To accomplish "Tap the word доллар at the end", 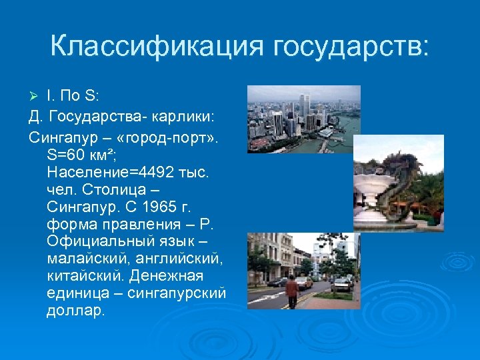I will point(75,310).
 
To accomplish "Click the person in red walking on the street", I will point(291,292).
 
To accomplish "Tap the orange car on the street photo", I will point(303,282).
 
